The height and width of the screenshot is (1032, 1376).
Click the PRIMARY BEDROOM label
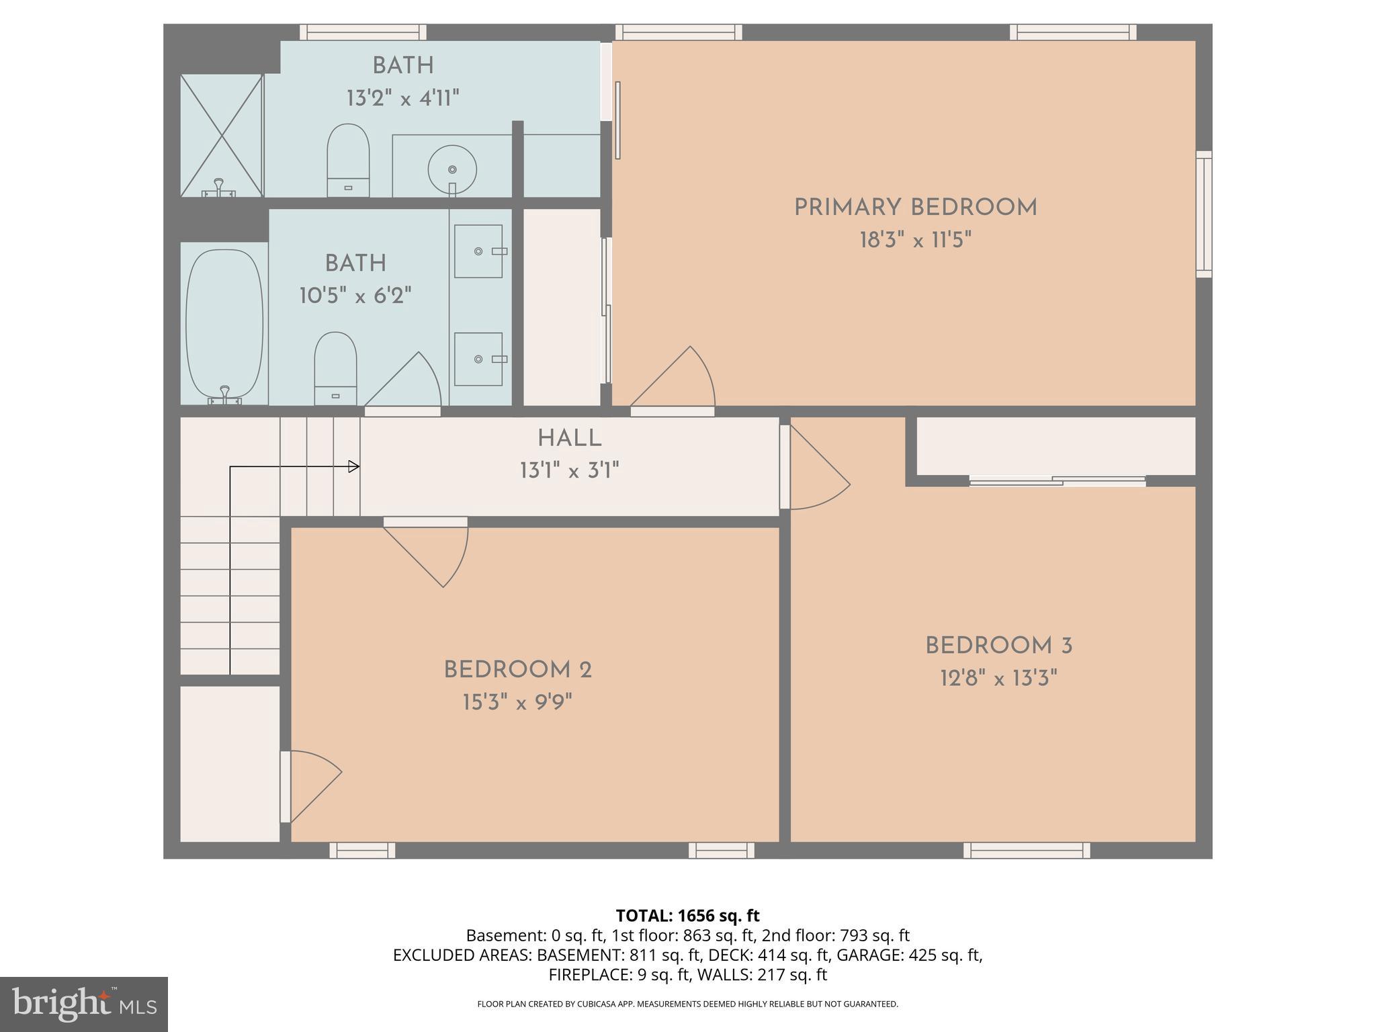pyautogui.click(x=915, y=208)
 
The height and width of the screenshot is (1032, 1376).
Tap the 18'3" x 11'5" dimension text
pyautogui.click(x=915, y=240)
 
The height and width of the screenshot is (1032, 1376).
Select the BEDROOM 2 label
pyautogui.click(x=517, y=670)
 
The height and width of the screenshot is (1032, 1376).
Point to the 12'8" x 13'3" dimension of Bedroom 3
pyautogui.click(x=998, y=679)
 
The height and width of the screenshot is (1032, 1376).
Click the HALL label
pyautogui.click(x=569, y=439)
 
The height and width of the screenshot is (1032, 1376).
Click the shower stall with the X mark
pyautogui.click(x=221, y=135)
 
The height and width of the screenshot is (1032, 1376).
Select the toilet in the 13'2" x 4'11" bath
pyautogui.click(x=348, y=160)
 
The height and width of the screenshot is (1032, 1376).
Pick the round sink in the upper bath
pyautogui.click(x=452, y=169)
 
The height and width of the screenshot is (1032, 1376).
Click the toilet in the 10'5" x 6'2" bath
pyautogui.click(x=335, y=367)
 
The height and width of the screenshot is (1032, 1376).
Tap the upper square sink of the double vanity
pyautogui.click(x=478, y=251)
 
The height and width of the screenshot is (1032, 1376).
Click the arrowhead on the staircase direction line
pyautogui.click(x=353, y=466)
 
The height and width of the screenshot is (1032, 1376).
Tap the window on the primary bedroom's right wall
pyautogui.click(x=1203, y=214)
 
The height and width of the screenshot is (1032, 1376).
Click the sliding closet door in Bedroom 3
pyautogui.click(x=1057, y=480)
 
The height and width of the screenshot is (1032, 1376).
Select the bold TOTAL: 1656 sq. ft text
pyautogui.click(x=687, y=916)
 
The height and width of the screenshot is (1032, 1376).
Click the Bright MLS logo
pyautogui.click(x=84, y=1004)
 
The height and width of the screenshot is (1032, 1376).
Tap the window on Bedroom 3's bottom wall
pyautogui.click(x=1026, y=851)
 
